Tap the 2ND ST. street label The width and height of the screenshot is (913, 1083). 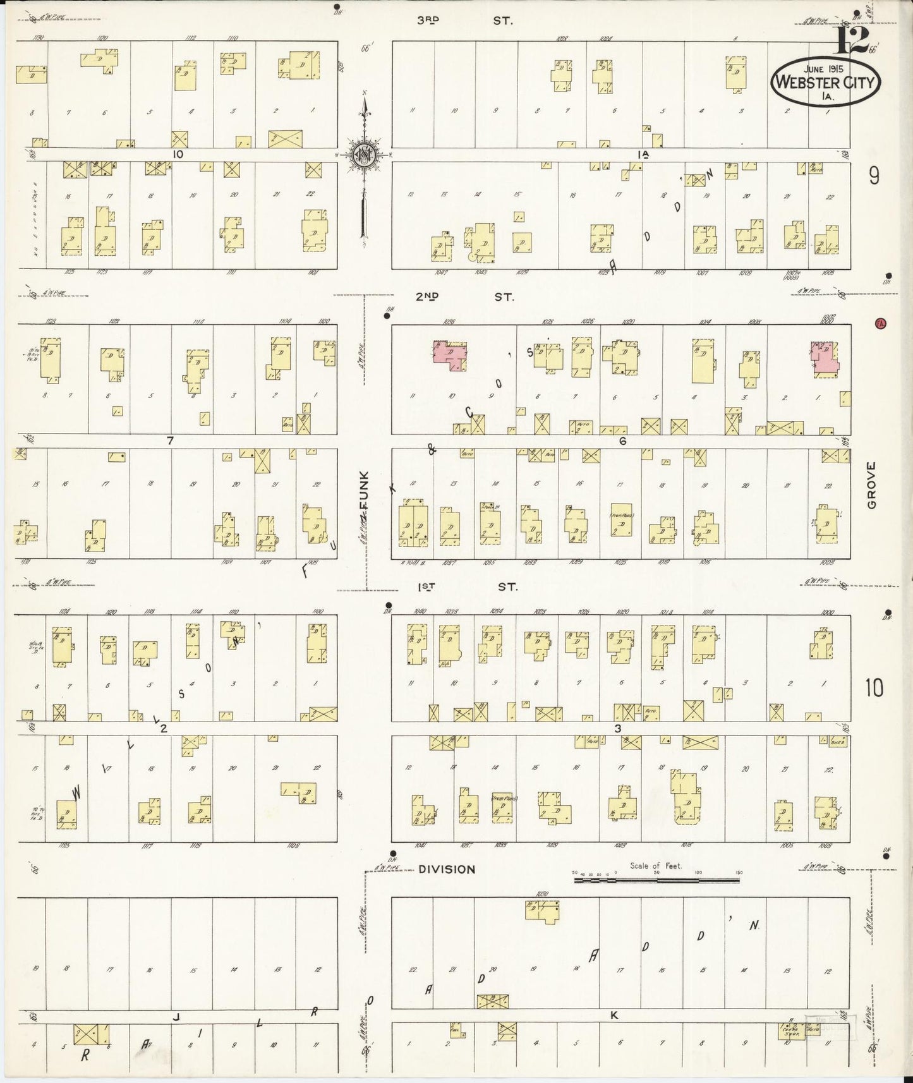coord(464,296)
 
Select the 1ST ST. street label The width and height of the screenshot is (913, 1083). coord(467,587)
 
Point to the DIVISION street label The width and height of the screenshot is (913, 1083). coord(447,869)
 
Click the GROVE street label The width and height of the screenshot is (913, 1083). coord(872,485)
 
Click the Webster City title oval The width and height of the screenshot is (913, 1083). coord(826,82)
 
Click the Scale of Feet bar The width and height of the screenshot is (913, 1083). coord(656,879)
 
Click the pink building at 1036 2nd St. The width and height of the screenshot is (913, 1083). coord(450,354)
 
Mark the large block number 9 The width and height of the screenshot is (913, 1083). coord(873,176)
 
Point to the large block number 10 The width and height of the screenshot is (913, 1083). coord(874,687)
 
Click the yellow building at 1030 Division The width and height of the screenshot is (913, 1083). coord(543,911)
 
